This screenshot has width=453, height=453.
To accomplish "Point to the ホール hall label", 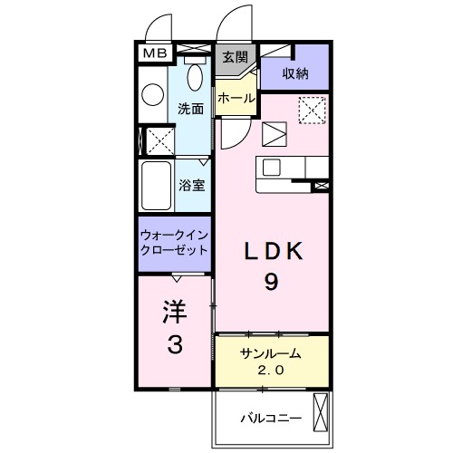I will click(235, 98).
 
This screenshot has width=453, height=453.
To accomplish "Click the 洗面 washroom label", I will click(190, 108).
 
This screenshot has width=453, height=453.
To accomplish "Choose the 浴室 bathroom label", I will click(190, 185).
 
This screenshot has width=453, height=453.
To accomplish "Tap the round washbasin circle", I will click(153, 93).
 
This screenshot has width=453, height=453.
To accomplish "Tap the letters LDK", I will click(271, 250).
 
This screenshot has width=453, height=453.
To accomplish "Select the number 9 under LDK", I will click(271, 282).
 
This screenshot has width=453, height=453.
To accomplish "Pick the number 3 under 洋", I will click(175, 345).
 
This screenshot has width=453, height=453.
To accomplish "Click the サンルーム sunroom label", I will click(270, 353).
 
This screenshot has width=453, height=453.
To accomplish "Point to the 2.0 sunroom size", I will click(270, 370).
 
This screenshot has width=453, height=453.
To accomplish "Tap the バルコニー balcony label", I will click(270, 419).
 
